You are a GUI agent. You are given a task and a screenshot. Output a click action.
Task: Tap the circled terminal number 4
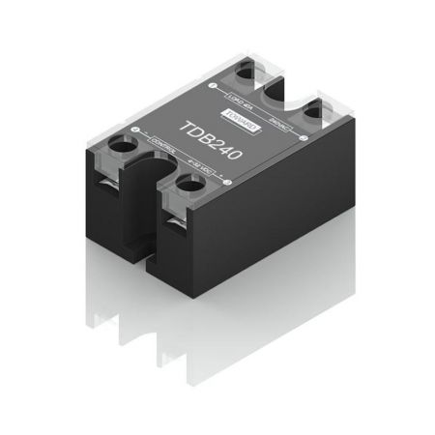tap(223, 179)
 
